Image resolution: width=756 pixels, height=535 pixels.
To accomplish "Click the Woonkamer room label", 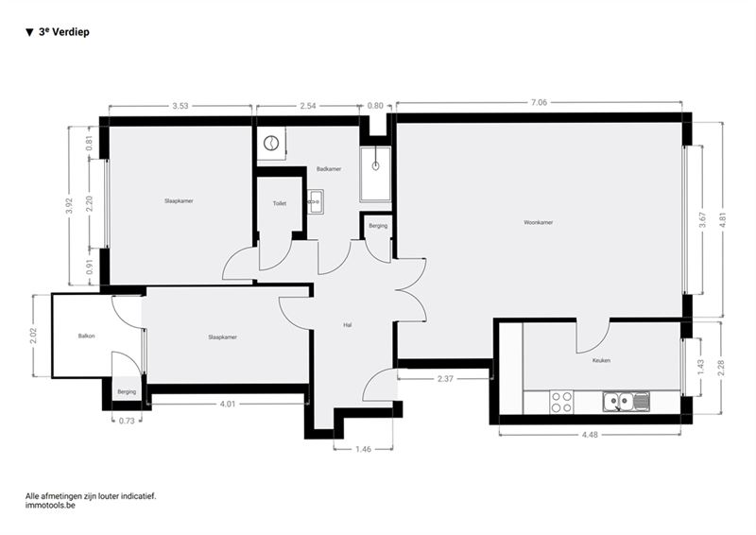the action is coord(538,222).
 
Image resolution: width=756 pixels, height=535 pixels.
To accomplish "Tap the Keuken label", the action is coord(601,360).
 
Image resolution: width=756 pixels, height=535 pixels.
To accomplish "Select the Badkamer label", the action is coord(329,169).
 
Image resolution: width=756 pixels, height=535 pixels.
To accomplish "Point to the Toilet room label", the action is coord(280,203).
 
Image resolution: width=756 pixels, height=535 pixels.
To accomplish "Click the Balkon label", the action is coord(86,336).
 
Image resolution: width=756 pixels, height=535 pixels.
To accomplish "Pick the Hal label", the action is coord(347,325).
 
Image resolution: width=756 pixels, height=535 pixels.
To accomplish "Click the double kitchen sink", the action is coord(627,402).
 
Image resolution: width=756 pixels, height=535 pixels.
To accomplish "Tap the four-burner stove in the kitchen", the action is coord(561,402).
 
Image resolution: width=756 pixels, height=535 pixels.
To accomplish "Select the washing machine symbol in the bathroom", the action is coord(271,143).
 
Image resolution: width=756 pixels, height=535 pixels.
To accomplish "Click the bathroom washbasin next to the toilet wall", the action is coord(316,201).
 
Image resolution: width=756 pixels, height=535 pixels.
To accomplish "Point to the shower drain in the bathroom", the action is coord(375,166).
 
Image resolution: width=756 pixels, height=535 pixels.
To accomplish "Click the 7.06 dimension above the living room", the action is coord(539,102).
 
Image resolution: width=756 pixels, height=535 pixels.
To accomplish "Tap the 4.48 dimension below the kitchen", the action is coord(590,435).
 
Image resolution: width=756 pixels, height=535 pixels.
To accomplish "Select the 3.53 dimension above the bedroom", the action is coord(180,106).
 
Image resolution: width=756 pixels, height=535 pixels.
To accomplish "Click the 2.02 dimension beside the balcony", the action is coord(34,336).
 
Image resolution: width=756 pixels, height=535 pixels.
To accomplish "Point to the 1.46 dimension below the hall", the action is coord(364,449).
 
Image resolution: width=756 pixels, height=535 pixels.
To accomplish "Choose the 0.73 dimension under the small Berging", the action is coord(127,421).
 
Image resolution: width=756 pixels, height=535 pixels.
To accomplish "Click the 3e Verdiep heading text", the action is coord(63,32).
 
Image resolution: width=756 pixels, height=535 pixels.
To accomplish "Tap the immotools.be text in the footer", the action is coord(50,506).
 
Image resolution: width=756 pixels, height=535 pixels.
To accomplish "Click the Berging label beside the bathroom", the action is coord(378,226).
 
